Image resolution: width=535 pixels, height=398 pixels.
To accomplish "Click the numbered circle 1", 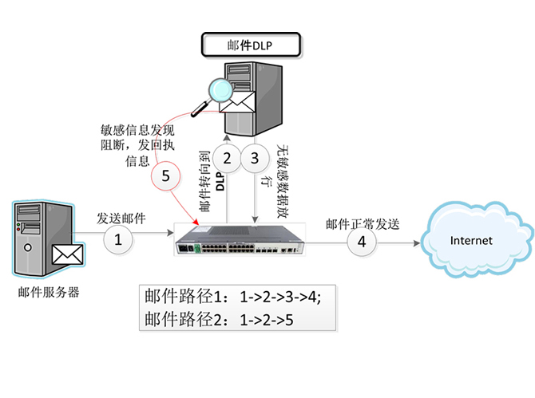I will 119,238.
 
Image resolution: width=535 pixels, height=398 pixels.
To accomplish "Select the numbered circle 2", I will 227,159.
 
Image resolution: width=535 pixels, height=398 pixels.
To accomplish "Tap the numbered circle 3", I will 255,159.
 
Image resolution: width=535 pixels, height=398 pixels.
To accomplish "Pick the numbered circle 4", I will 362,242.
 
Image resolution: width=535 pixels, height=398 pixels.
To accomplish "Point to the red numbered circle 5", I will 166,177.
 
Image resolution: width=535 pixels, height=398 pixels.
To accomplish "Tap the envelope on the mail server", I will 68,254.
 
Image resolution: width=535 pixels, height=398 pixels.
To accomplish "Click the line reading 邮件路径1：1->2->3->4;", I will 232,298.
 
